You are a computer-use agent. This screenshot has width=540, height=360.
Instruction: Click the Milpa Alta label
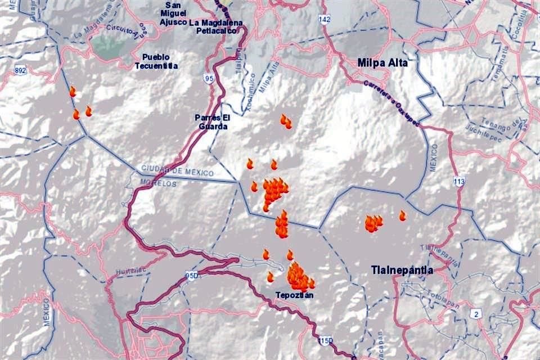click(x=382, y=62)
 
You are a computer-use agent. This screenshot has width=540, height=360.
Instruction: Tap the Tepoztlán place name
click(x=294, y=295)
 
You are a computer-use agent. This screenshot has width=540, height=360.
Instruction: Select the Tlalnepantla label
click(x=402, y=270)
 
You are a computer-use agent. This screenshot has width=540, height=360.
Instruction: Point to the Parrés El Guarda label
click(x=211, y=122)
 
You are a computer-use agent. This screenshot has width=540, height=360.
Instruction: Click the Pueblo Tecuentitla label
click(x=156, y=61)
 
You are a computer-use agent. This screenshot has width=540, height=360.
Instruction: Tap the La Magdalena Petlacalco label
click(x=217, y=26)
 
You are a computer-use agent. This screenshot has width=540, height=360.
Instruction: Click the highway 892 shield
click(x=21, y=71)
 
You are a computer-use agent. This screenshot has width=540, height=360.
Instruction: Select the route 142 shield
click(x=325, y=19)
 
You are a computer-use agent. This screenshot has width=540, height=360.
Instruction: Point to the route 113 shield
click(x=460, y=181)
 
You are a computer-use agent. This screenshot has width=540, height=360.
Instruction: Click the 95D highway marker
click(x=191, y=276)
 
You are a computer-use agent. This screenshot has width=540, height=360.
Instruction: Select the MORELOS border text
click(x=159, y=183)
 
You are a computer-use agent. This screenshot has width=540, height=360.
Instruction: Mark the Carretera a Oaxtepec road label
click(x=392, y=103)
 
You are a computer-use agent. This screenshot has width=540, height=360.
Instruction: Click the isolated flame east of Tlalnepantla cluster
click(x=403, y=215)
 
